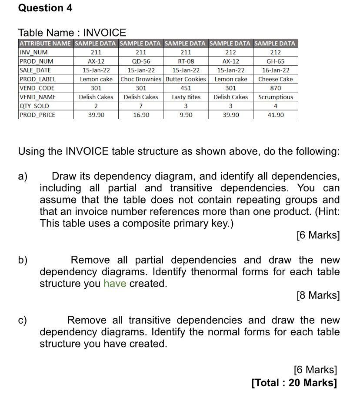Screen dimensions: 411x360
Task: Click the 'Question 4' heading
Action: (x=45, y=8)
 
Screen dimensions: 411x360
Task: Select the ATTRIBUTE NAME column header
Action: (x=45, y=43)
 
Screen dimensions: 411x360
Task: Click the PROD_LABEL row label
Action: (x=37, y=79)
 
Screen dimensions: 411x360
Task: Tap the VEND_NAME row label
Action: (x=38, y=97)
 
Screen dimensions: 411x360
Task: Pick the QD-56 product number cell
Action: (x=141, y=61)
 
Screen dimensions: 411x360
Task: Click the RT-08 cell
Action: (x=186, y=61)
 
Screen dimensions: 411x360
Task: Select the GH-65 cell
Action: (x=275, y=61)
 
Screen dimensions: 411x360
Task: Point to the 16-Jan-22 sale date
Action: (x=275, y=70)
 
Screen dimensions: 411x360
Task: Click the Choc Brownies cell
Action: (x=141, y=79)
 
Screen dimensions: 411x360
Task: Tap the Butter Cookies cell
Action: (x=186, y=79)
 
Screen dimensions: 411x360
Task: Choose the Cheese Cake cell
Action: (x=275, y=79)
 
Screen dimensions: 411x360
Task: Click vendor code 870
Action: (x=275, y=88)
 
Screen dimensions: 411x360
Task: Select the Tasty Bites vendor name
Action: (x=186, y=97)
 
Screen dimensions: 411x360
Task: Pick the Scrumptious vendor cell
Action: (x=275, y=97)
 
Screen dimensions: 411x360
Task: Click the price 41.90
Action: (x=275, y=115)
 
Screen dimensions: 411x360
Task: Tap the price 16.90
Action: (x=141, y=115)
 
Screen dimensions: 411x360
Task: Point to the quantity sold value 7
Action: (x=141, y=106)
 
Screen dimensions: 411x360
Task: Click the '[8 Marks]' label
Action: (x=318, y=295)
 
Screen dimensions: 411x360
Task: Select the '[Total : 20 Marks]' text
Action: (x=294, y=383)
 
